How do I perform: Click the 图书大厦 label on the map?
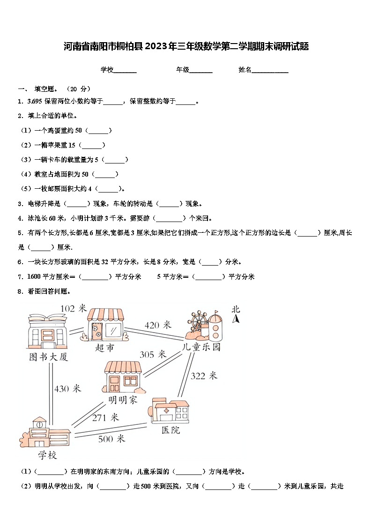coord(49,357)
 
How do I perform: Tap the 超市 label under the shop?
coord(104,348)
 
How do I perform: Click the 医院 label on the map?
coord(171,430)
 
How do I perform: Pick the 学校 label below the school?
coord(47,455)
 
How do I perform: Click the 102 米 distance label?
coord(74,308)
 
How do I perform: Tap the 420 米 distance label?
coord(158,325)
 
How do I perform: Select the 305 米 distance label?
coord(153,355)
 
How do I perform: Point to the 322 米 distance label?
coord(204,375)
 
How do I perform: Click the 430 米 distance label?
coord(67,388)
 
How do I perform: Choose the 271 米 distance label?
coord(105,417)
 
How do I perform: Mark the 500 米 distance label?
coord(112,438)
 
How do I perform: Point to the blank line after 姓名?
coord(270,70)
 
